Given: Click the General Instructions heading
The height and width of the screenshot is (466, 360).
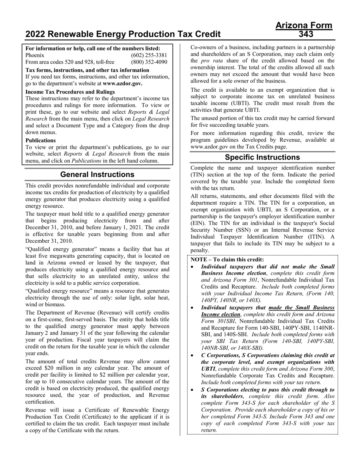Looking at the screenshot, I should [x=97, y=174].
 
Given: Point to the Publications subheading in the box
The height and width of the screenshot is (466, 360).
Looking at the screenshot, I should [x=41, y=140].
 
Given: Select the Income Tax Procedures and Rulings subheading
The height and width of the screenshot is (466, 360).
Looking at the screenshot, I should [x=70, y=92].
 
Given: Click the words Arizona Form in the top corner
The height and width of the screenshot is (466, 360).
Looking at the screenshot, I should [x=304, y=26].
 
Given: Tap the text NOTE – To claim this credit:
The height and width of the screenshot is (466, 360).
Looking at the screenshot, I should [x=227, y=260].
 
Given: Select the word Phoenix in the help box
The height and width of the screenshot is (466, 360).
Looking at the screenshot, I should [x=35, y=55].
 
